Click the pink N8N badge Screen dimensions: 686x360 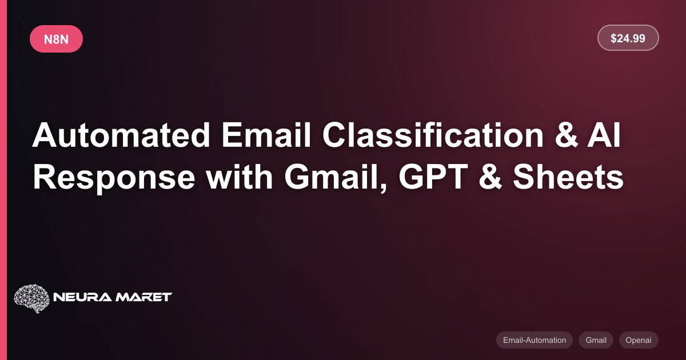[x=57, y=39]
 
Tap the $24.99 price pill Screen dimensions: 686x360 [x=628, y=38]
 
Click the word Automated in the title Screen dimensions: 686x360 [x=121, y=135]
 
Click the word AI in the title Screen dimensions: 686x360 [x=604, y=135]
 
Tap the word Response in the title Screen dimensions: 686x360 [x=114, y=178]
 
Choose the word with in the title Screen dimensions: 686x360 [x=240, y=177]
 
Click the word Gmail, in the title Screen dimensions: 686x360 [x=336, y=178]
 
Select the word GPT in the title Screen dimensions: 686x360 [x=433, y=177]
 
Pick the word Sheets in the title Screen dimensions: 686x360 [x=568, y=177]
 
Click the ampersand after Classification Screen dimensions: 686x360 [x=566, y=135]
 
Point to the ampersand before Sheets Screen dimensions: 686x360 [x=490, y=177]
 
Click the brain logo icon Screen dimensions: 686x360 [x=32, y=298]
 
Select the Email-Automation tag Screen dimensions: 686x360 [x=535, y=340]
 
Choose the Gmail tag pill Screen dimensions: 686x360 [x=596, y=340]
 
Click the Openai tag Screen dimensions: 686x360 [x=639, y=340]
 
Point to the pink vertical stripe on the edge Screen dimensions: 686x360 [x=3, y=180]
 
